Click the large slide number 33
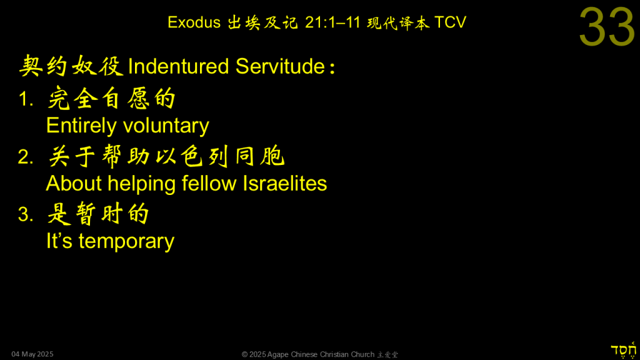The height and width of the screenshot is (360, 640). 607,27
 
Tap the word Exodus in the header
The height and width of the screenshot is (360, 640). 194,22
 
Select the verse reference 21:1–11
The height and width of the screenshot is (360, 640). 332,22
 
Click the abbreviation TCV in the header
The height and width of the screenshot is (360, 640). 450,22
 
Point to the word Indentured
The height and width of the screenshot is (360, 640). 178,66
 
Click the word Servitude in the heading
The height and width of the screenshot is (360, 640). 280,66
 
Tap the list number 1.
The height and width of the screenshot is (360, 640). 26,99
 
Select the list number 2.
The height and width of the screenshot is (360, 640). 26,157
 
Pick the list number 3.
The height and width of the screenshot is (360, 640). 26,215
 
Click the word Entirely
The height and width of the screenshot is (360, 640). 81,126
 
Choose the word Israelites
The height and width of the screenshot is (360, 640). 285,183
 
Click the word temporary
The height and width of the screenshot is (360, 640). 126,242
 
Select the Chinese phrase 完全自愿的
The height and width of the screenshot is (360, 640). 111,98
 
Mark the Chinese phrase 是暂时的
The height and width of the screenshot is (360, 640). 98,214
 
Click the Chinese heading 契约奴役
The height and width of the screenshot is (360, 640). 71,66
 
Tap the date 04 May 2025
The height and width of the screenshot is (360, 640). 32,354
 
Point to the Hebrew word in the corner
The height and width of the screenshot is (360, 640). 623,351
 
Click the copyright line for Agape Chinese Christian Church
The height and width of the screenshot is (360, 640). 319,354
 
